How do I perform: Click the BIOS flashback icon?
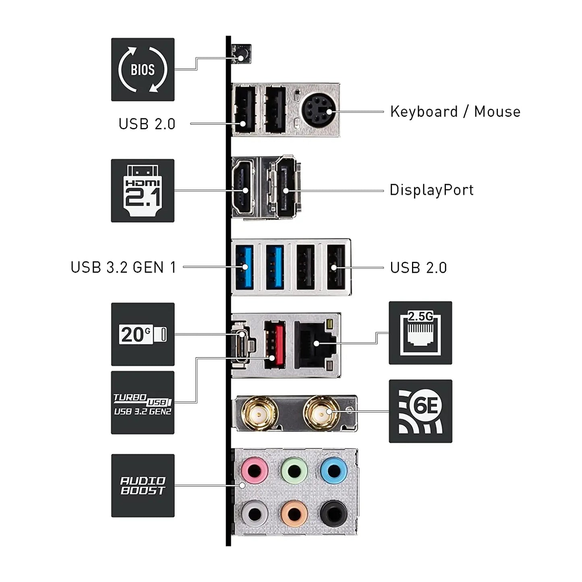coord(143,70)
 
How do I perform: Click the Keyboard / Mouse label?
coord(455,112)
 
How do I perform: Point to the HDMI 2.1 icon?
coord(143,191)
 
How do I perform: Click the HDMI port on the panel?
coord(244,187)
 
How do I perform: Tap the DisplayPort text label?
coord(431,190)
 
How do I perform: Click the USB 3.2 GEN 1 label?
coord(123,267)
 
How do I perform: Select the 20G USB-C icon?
coord(143,334)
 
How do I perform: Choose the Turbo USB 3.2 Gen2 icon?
coord(143,403)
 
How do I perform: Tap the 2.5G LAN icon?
coord(420,333)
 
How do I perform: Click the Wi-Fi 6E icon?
coord(420,411)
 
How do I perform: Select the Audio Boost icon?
coord(143,486)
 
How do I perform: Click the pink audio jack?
coord(255,470)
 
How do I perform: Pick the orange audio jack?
coord(294,514)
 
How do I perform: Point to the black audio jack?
coord(333,514)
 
